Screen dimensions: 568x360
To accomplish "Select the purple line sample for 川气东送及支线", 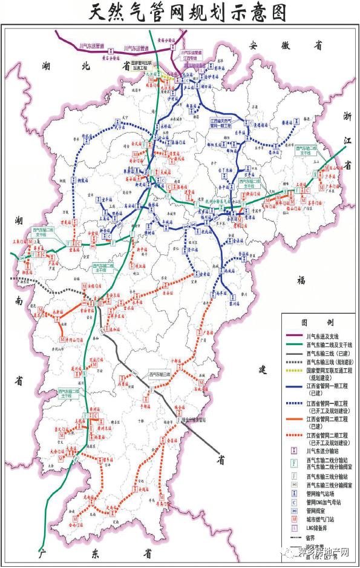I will click(297, 334).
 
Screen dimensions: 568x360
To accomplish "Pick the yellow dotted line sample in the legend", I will click(297, 370).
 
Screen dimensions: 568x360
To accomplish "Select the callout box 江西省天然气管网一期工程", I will click(225, 123).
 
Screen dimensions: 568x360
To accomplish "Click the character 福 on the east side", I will click(301, 279).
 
